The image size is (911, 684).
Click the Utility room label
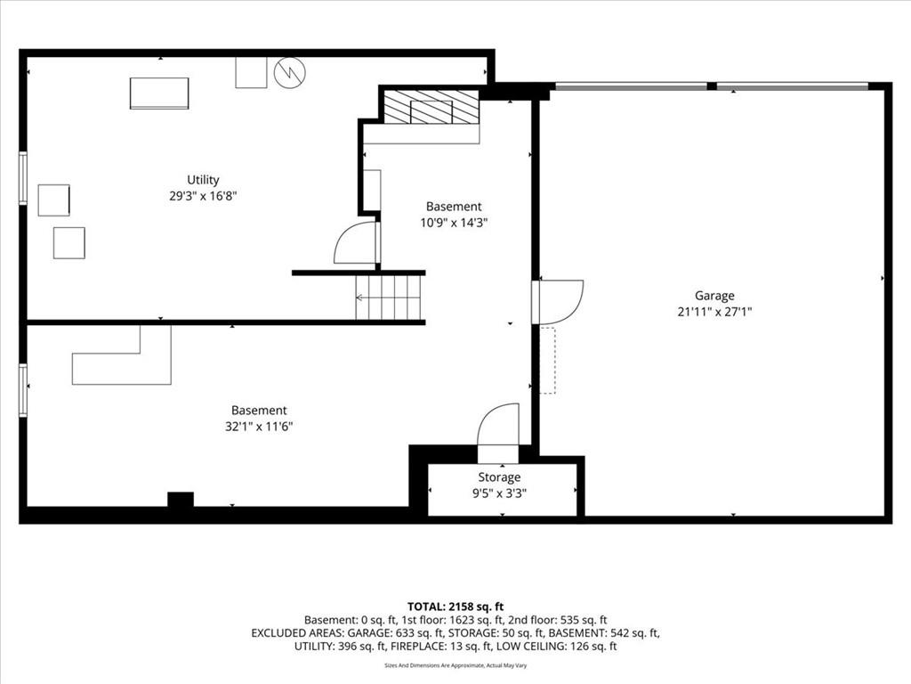point(203,180)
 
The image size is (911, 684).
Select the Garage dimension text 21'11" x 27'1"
point(714,312)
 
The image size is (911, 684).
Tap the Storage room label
point(499,477)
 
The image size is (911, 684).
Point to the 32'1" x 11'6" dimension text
point(259,427)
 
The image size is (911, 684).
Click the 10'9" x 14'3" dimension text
point(454,222)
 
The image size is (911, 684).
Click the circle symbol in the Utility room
point(290,72)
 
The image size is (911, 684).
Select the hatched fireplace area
point(431,107)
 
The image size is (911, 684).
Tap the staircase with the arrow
point(388,297)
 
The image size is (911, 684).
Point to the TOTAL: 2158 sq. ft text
point(455,607)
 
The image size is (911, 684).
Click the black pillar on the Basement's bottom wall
point(181,500)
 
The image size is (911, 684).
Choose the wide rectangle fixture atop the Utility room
point(159,93)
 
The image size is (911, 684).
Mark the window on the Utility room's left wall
point(23,178)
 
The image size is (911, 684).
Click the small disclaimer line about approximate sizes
point(455,665)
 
